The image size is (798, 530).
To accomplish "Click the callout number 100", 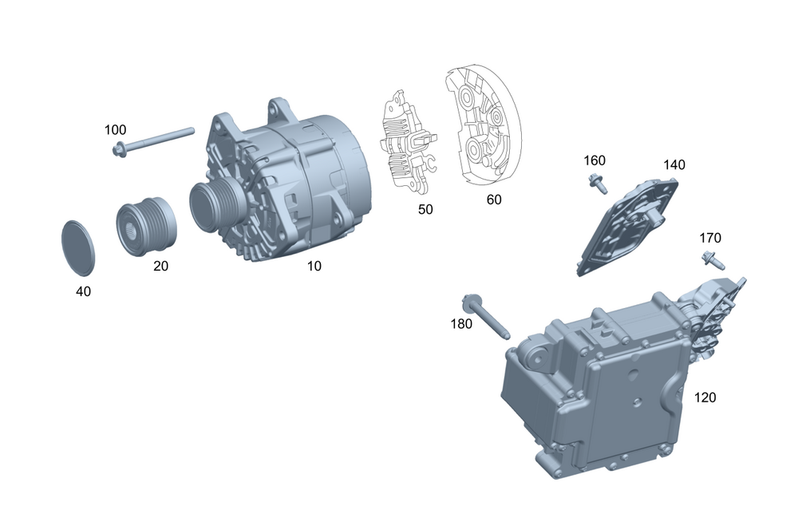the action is pos(115,130).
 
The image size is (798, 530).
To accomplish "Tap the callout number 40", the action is pos(84,291).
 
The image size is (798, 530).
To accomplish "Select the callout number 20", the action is pos(161,266).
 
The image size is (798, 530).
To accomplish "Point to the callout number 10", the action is pos(314,266).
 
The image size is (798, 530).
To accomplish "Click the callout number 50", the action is pos(425,209).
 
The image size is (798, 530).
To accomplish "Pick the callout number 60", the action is pos(494,200).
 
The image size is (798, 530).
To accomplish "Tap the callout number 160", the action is pos(595,160).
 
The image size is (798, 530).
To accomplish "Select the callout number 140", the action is pos(674,165).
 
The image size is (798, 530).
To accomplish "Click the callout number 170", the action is pos(710,238).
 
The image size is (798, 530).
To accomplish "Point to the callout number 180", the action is pos(461,324).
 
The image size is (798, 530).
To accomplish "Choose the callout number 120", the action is pos(705,397).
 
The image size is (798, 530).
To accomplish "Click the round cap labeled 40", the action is pos(78,248).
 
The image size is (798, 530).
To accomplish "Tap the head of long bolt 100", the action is pos(120,150).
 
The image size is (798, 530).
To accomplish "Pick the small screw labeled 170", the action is pos(713,259).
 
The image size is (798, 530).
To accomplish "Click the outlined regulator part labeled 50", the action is pos(409,142).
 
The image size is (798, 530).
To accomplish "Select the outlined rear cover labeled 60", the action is pos(484,124).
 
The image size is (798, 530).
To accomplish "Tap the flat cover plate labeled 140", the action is pos(627,226).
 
